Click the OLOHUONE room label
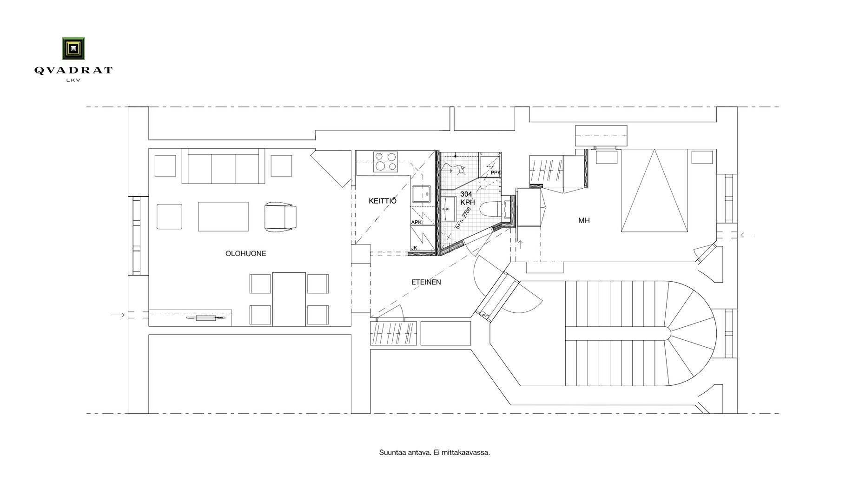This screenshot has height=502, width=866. (245, 254)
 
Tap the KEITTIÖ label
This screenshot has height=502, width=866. (383, 201)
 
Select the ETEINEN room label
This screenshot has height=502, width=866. (426, 282)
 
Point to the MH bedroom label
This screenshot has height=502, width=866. (584, 220)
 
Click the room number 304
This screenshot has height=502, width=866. (466, 194)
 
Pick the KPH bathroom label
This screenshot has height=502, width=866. (468, 203)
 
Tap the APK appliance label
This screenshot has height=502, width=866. (416, 222)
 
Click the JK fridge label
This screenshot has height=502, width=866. (414, 248)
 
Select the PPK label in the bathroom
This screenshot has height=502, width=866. (496, 173)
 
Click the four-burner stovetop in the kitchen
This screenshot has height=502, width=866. (386, 161)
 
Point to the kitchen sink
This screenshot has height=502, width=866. (421, 194)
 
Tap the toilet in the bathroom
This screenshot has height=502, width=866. (489, 209)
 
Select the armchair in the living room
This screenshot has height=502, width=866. (280, 216)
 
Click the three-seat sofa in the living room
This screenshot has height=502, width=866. (223, 166)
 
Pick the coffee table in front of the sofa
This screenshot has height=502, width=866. (223, 216)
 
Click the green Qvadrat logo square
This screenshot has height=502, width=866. (73, 48)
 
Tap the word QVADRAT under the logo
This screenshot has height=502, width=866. (73, 71)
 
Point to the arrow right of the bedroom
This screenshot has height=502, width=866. (747, 235)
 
